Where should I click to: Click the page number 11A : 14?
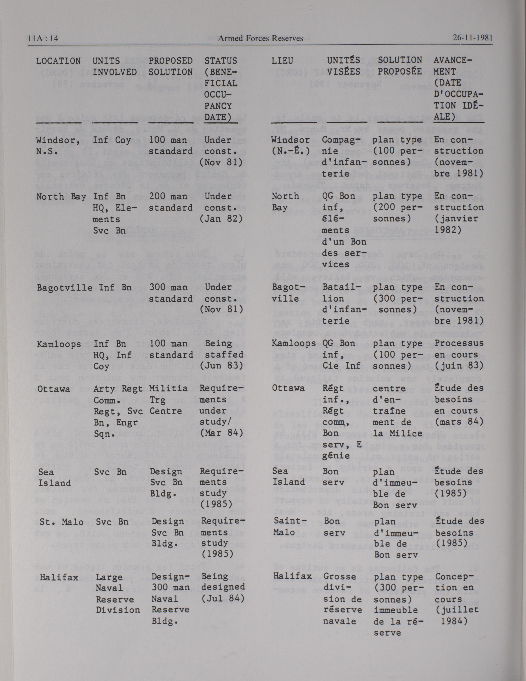point(43,38)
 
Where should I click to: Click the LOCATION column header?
point(58,61)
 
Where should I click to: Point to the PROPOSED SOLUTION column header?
point(170,66)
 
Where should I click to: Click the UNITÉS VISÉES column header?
point(343,66)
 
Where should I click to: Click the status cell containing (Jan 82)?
point(221,208)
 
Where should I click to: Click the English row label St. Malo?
point(61,522)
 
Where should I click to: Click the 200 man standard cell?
point(170,202)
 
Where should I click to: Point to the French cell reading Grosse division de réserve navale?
point(342,599)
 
